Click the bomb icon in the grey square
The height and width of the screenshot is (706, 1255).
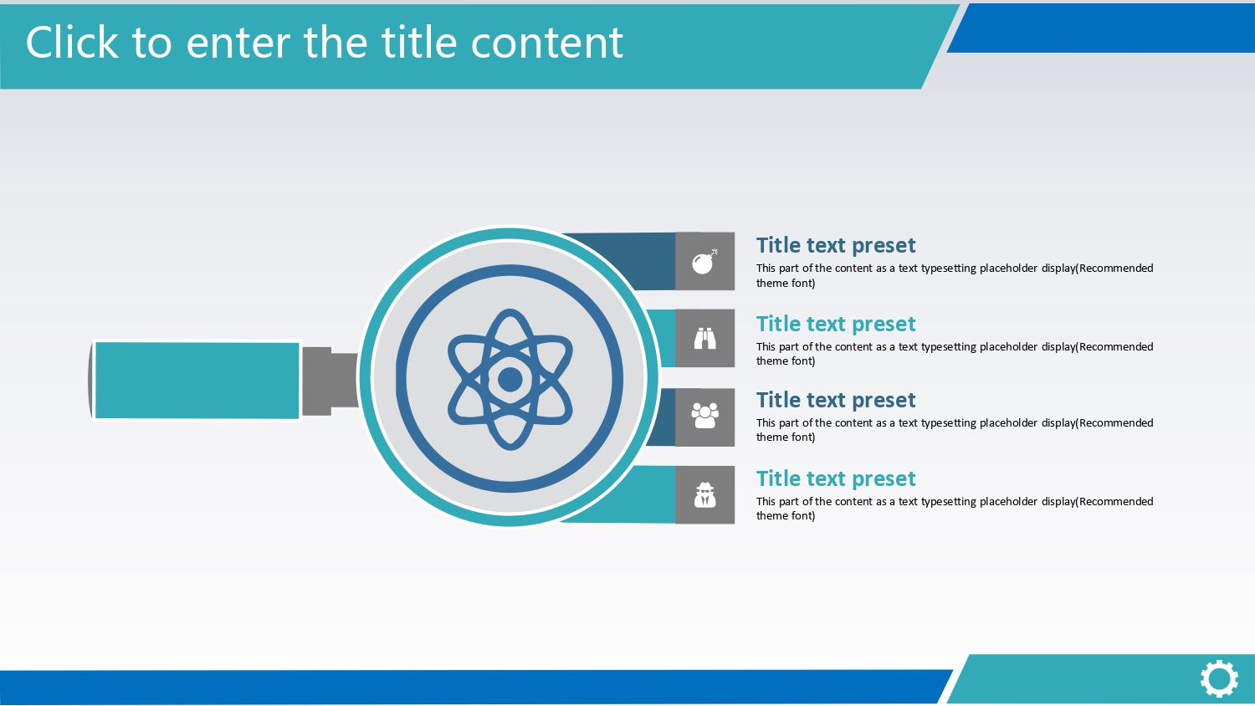coord(704,262)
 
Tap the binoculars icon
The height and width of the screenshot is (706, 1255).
coord(704,339)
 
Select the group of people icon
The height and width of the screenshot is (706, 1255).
coord(704,416)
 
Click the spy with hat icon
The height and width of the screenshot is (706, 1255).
coord(704,494)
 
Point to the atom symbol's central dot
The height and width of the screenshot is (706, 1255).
coord(510,379)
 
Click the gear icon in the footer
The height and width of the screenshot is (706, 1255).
coord(1219,679)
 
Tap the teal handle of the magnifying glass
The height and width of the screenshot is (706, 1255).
coord(197,381)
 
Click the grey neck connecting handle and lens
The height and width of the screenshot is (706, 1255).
coord(330,381)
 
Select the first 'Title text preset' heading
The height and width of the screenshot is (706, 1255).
coord(835,245)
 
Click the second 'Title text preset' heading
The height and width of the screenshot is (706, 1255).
coord(835,324)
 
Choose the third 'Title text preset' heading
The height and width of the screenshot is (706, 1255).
coord(835,400)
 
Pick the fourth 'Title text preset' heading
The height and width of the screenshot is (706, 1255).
coord(835,478)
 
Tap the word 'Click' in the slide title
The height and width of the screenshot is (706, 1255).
coord(72,42)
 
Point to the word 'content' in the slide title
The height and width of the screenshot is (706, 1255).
coord(547,43)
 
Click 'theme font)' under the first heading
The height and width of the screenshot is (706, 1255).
coord(786,283)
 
